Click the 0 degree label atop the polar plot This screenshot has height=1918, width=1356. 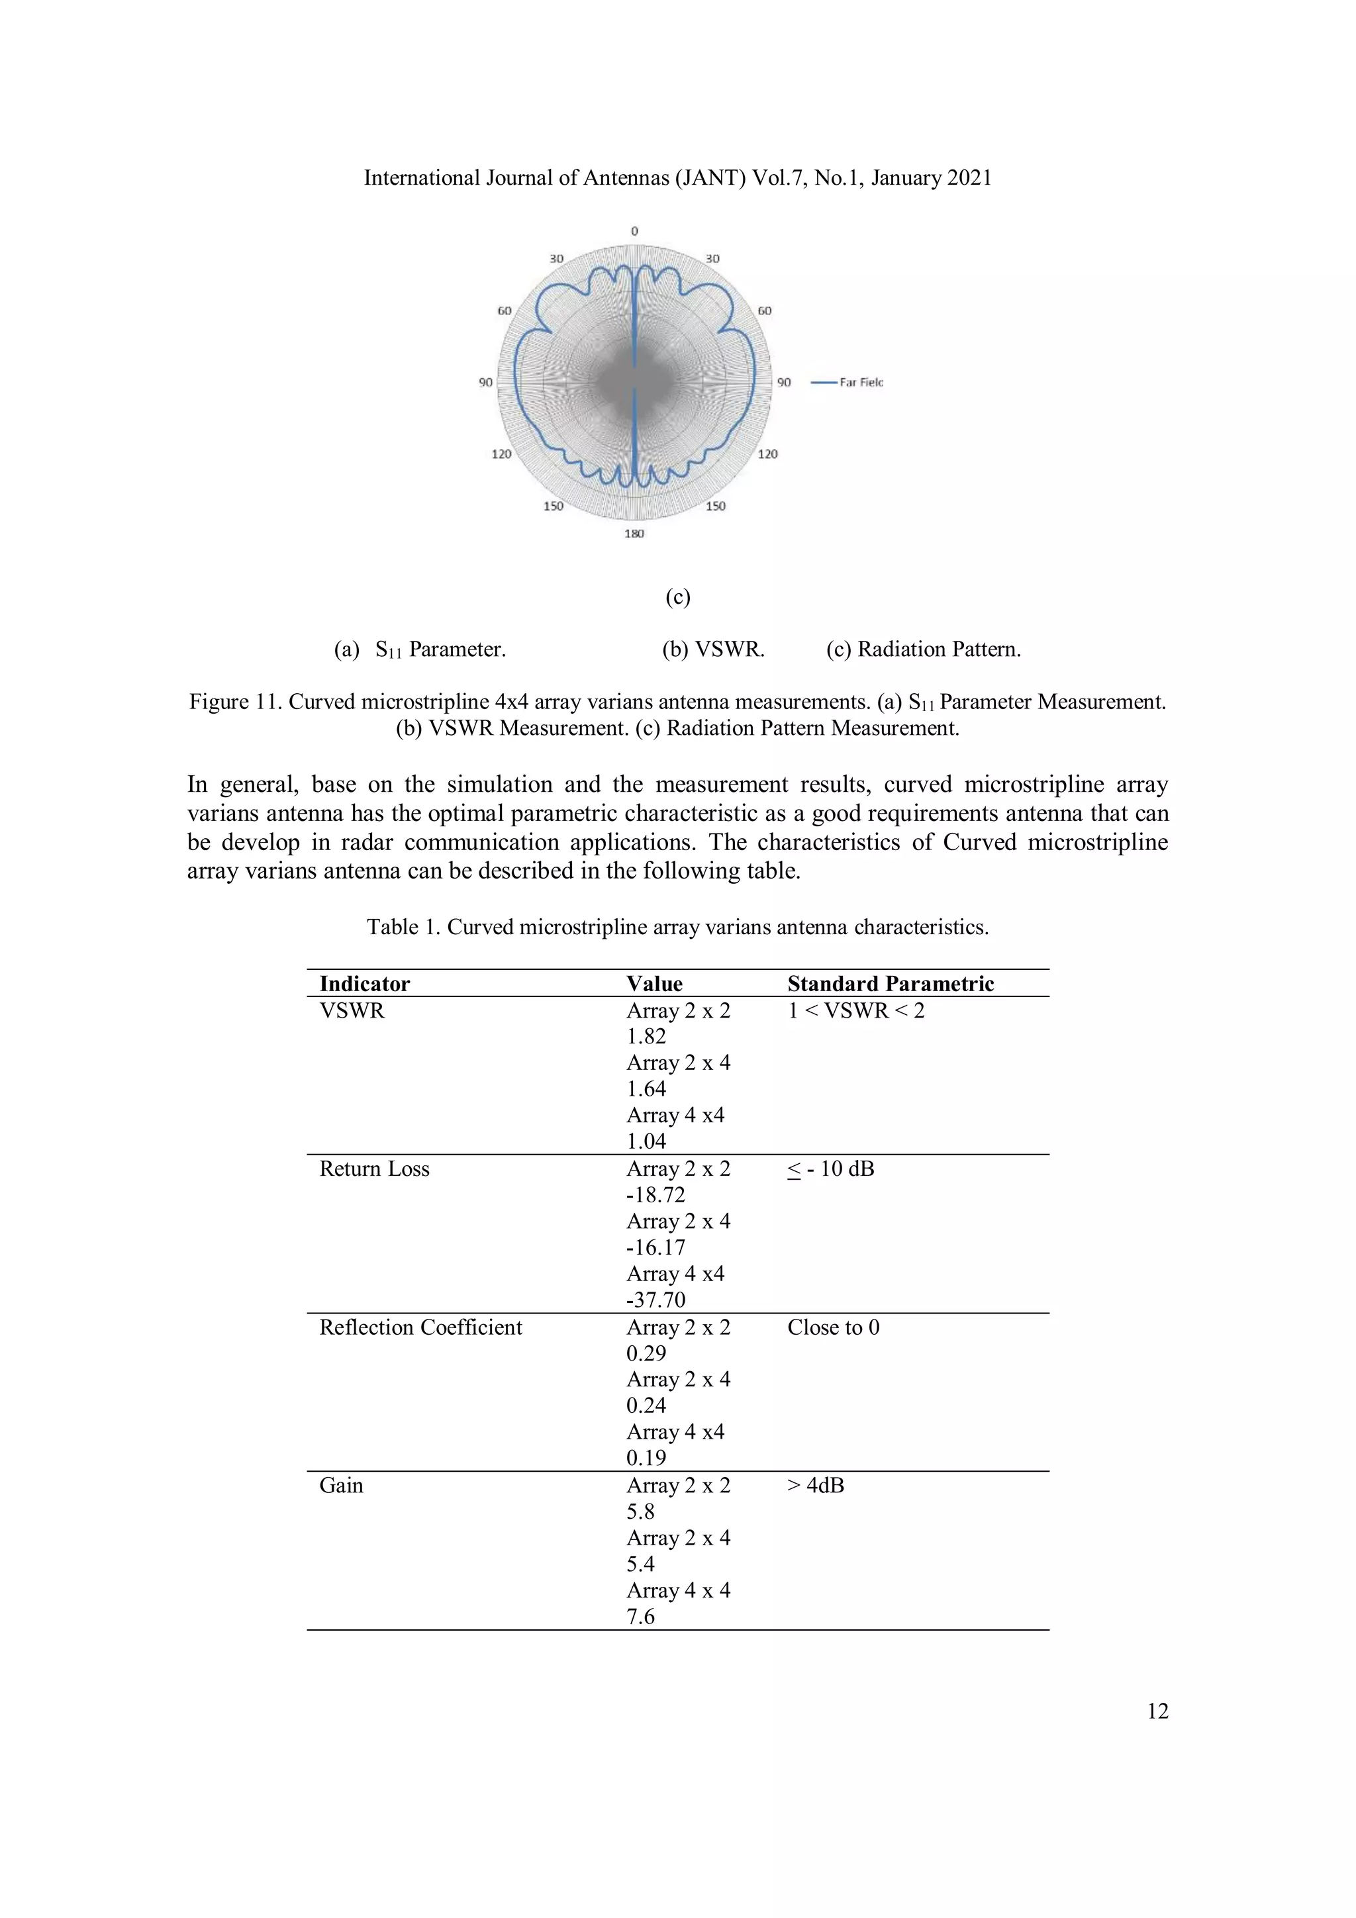tap(634, 232)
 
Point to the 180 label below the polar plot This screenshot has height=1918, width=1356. tap(634, 533)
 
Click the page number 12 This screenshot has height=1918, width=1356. tap(1157, 1711)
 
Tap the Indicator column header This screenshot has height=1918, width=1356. tap(364, 983)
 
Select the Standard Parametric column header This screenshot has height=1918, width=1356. tap(890, 983)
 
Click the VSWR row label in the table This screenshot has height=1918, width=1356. tap(352, 1011)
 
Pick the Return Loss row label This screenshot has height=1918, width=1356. tap(373, 1169)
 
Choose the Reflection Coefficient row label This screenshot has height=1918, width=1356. tap(420, 1327)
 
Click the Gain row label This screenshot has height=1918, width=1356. tap(341, 1485)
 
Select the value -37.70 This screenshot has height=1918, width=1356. tap(656, 1300)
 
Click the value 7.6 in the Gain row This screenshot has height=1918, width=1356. tap(641, 1617)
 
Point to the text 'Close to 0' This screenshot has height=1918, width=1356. tap(833, 1327)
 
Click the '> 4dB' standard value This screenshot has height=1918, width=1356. tap(816, 1485)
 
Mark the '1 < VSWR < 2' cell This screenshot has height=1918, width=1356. tap(855, 1011)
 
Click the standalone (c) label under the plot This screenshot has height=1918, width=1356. tap(677, 597)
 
